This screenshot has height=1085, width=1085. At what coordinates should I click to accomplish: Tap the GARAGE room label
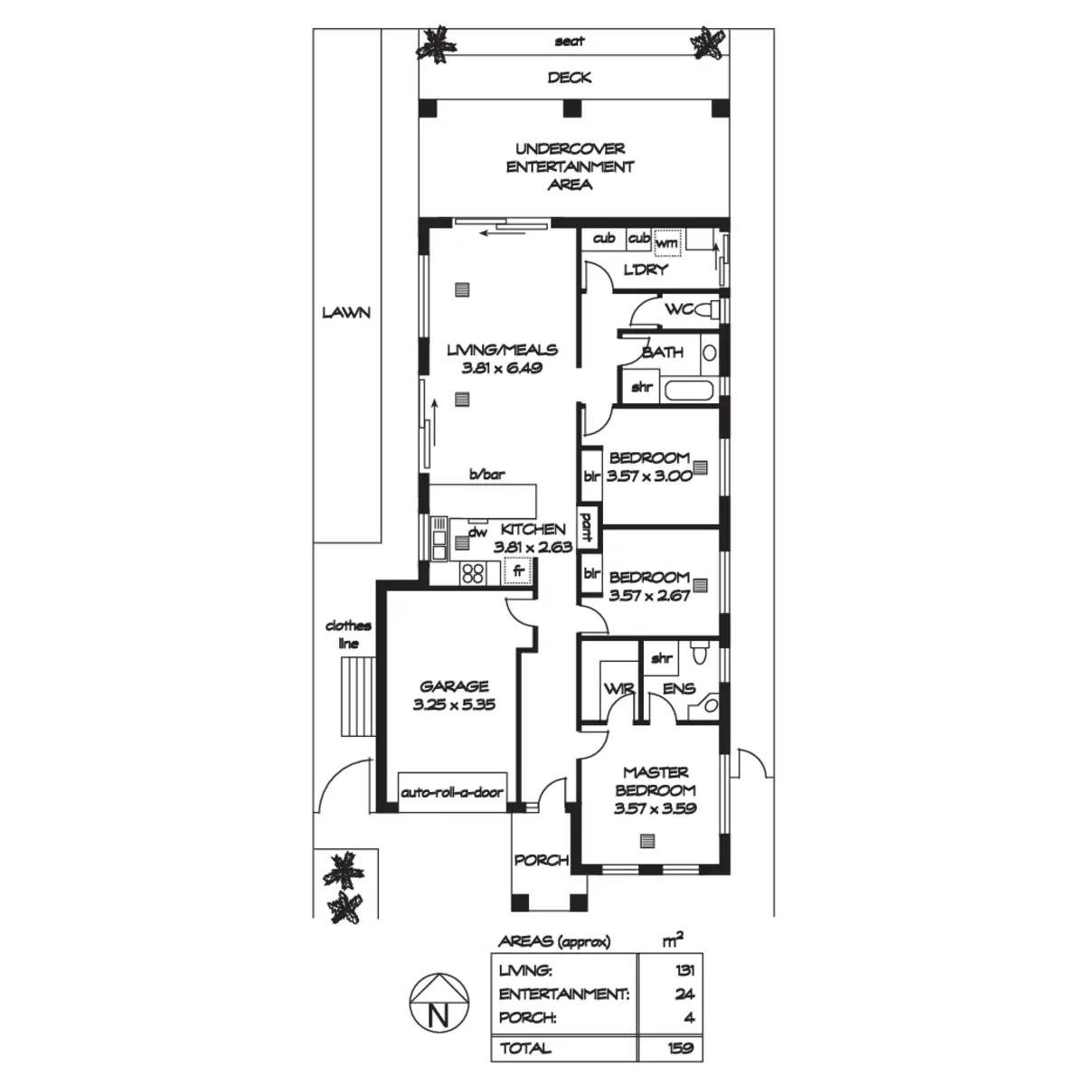[454, 686]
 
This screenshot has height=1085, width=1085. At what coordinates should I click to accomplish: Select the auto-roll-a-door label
[451, 793]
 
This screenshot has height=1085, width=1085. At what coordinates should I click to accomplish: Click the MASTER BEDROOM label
[656, 781]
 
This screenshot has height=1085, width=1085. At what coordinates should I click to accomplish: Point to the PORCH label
[541, 860]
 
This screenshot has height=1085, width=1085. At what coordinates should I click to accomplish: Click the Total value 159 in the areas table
[679, 1049]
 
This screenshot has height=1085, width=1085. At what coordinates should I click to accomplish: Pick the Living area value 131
[684, 970]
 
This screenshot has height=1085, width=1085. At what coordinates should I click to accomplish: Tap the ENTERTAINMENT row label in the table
[563, 994]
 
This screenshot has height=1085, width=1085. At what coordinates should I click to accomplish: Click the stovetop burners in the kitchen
[473, 571]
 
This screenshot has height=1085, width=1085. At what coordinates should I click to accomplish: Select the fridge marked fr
[518, 571]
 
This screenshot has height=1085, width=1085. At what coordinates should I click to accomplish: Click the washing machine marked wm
[666, 242]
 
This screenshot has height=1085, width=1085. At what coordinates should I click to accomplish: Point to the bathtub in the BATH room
[690, 392]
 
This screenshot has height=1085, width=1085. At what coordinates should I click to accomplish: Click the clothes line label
[348, 634]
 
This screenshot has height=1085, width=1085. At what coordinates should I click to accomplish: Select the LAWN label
[346, 313]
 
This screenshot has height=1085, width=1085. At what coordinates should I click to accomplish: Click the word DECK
[570, 78]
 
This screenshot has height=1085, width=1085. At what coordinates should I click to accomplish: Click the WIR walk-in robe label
[618, 689]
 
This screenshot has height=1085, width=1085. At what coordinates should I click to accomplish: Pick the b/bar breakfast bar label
[486, 475]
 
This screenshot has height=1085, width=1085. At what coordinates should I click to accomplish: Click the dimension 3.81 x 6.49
[502, 368]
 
